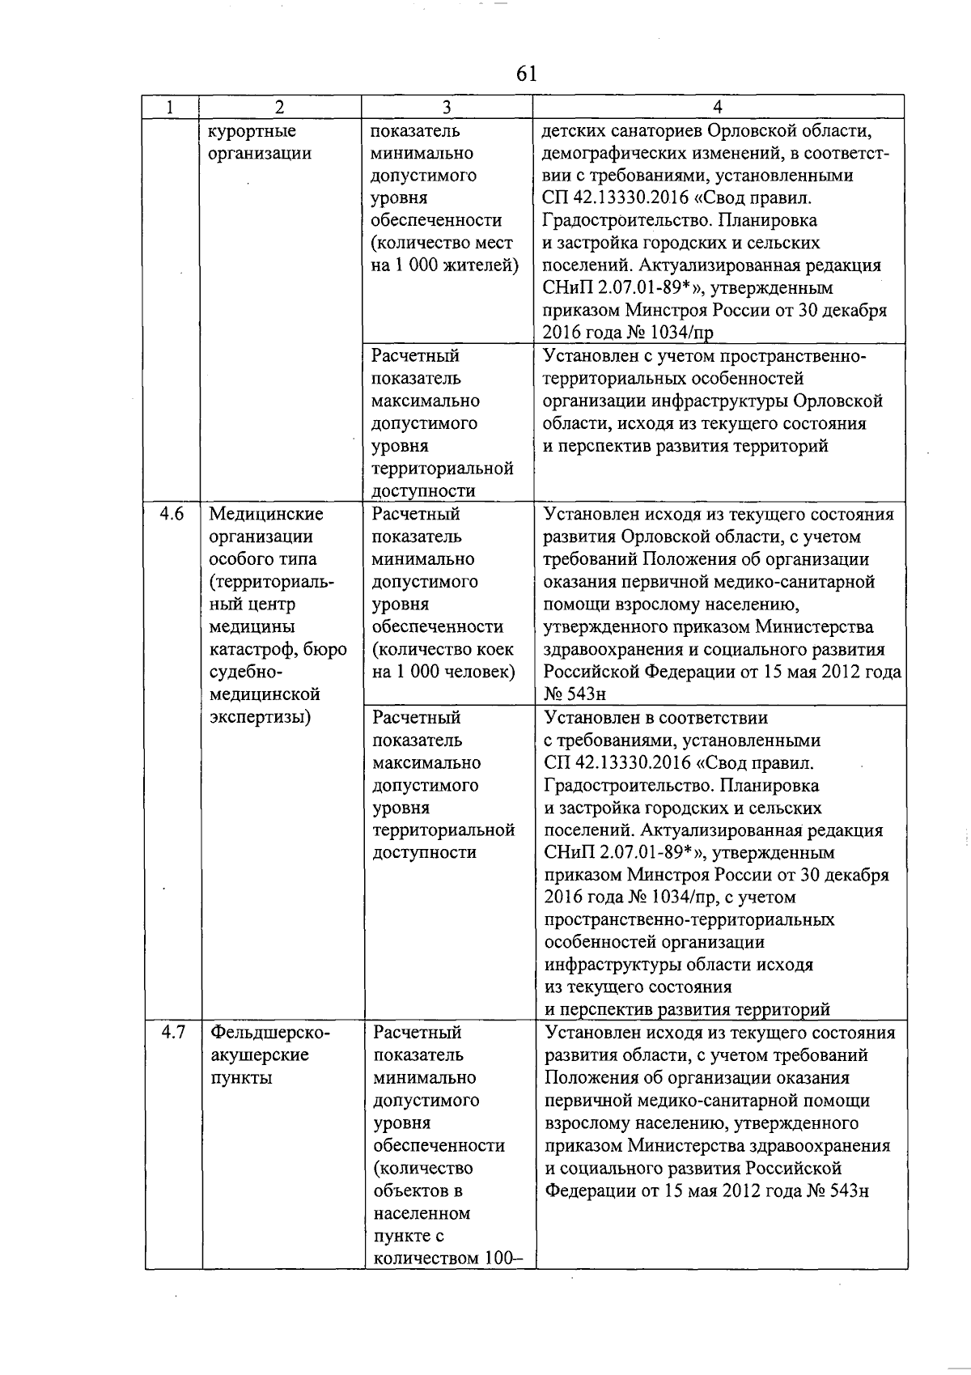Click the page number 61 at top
click(x=526, y=74)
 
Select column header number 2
click(x=279, y=107)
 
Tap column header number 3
click(x=446, y=107)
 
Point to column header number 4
click(x=718, y=107)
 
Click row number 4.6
click(x=172, y=514)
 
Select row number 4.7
click(x=173, y=1033)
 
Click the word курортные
click(x=252, y=131)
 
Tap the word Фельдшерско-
click(x=270, y=1033)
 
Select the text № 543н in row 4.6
click(x=575, y=694)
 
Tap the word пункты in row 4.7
click(x=241, y=1078)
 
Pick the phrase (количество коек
click(x=443, y=649)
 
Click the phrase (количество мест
click(x=442, y=243)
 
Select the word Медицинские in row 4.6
click(x=266, y=514)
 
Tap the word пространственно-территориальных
click(x=689, y=920)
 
